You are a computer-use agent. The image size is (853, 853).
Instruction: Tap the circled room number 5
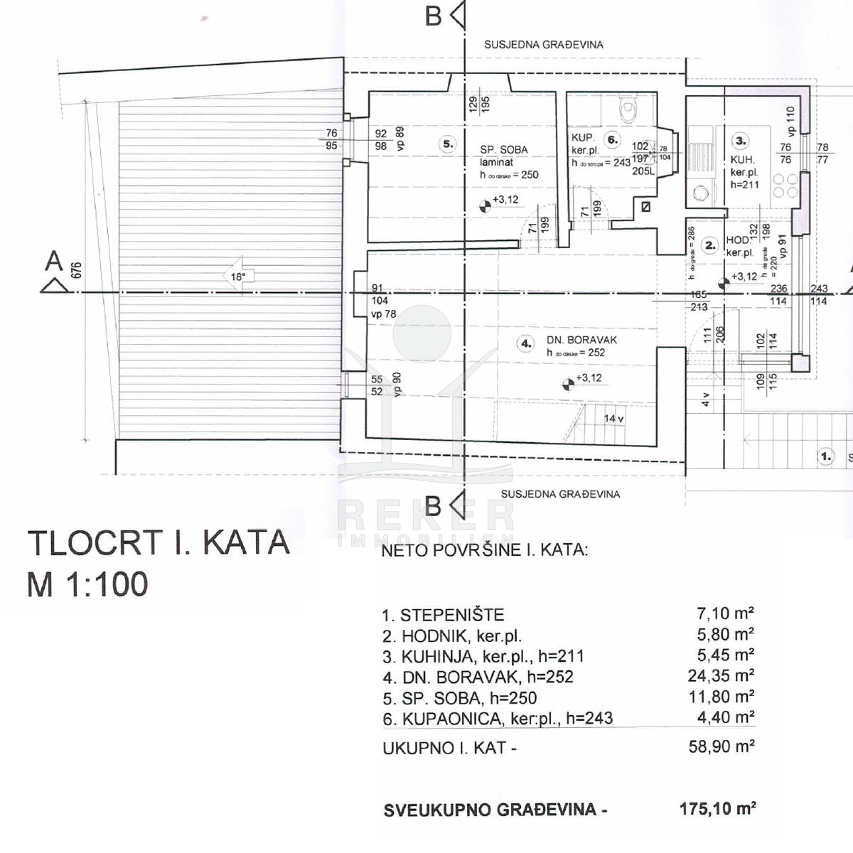coord(448,144)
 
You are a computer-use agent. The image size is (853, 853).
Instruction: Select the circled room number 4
coord(526,344)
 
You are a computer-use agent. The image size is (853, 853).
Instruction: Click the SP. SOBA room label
coord(503,149)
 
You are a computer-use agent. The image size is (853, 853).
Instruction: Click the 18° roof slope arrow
coord(237,277)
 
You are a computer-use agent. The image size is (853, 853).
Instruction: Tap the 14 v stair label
coord(613,419)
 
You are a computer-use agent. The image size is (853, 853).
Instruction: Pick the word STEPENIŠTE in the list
coord(452,615)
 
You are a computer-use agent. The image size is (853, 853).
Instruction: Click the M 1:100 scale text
coord(87,584)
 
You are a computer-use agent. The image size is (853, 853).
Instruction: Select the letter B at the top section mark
coord(433,16)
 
